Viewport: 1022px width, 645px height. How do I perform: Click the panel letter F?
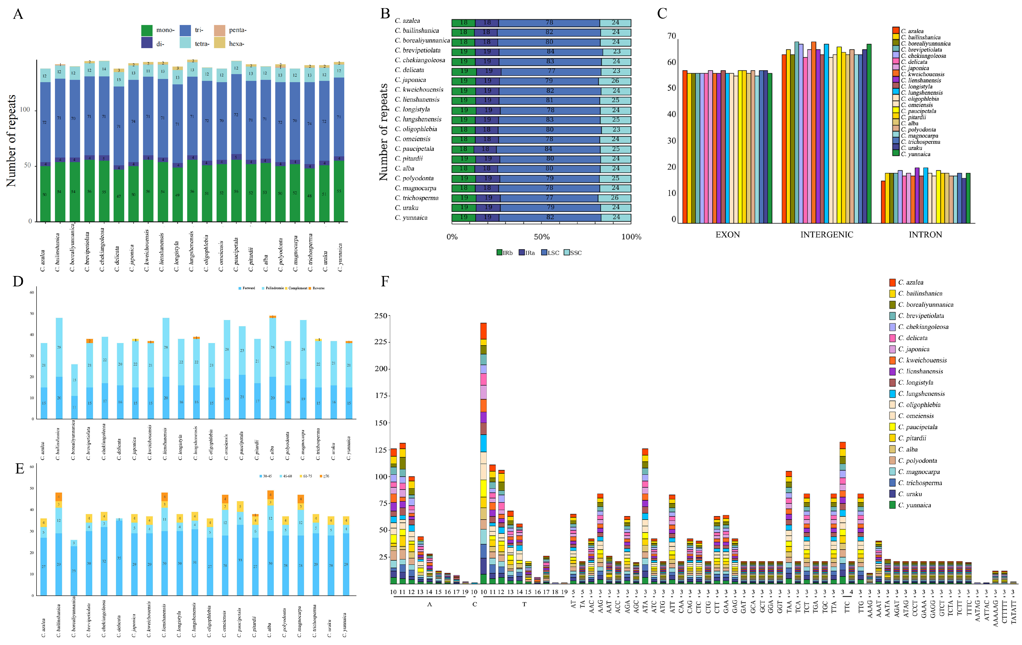[385, 281]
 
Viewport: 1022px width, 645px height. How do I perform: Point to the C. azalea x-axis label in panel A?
[43, 260]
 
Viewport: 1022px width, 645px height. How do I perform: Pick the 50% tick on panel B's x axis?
[542, 237]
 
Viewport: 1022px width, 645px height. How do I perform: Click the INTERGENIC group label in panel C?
[826, 235]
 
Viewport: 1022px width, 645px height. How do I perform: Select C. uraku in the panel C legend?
[911, 148]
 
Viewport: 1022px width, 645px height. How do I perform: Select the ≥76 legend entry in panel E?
[325, 476]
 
